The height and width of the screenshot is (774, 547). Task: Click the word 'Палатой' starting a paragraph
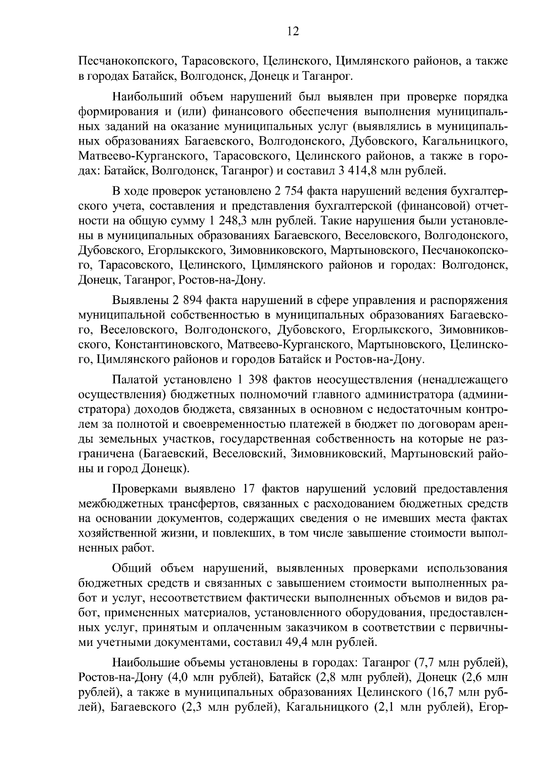point(132,380)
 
